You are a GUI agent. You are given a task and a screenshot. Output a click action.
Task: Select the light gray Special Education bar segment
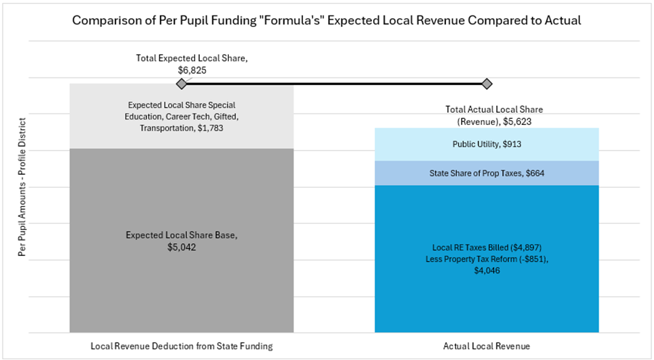[181, 135]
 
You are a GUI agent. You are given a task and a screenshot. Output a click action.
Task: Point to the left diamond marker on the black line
[181, 84]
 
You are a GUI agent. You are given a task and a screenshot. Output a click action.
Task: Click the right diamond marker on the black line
[487, 84]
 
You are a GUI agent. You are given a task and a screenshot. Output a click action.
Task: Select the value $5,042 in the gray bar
[182, 248]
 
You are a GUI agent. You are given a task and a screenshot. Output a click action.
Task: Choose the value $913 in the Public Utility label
[510, 144]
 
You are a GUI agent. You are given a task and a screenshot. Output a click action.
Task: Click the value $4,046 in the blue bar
[487, 270]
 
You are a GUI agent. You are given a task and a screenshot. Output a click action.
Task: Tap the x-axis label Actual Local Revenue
[487, 346]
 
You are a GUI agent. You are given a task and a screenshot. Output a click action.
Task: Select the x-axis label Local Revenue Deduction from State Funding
[181, 346]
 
